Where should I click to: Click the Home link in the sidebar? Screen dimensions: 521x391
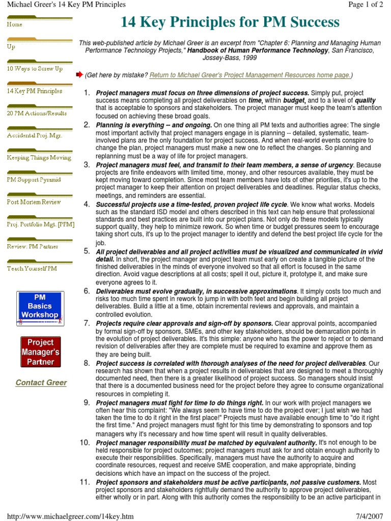pos(15,24)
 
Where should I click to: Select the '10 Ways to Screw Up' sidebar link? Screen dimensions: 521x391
pos(35,69)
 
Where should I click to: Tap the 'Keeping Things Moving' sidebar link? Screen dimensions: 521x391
pos(39,158)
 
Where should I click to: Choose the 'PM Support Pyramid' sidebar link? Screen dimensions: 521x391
pos(34,180)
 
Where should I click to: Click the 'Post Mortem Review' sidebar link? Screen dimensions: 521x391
pos(34,202)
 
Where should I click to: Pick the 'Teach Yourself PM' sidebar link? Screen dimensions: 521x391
pos(32,269)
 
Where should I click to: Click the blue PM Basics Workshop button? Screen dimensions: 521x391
pos(40,308)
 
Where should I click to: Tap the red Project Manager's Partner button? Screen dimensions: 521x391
pos(40,352)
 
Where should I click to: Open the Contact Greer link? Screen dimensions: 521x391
pos(41,383)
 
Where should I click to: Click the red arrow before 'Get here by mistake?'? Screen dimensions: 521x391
pos(79,75)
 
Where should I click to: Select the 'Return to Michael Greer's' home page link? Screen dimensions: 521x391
pos(249,75)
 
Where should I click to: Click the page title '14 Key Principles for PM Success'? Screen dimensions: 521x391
pos(230,22)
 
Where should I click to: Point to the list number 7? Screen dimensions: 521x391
pos(87,324)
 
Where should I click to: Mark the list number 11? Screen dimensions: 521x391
pos(85,482)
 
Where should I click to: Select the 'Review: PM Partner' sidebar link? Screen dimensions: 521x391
pos(33,246)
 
